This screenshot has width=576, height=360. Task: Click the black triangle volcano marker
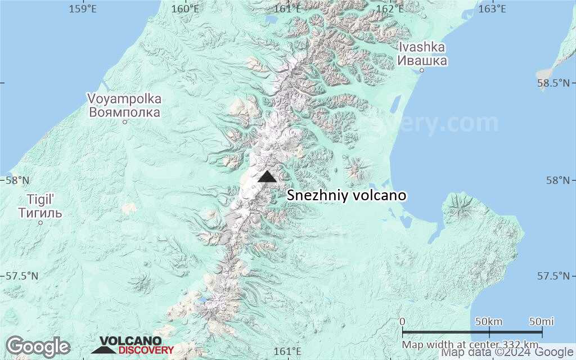tap(267, 177)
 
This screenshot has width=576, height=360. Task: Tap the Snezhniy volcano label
tap(346, 196)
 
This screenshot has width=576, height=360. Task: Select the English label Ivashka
tap(421, 47)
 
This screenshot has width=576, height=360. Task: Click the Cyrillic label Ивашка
tap(422, 61)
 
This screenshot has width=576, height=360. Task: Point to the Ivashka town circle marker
tap(422, 70)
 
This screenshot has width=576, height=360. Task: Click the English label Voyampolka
tap(124, 99)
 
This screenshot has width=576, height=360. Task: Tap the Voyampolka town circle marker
tap(125, 121)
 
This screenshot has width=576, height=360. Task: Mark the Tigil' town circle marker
tap(40, 223)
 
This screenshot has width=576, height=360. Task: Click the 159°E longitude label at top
tap(82, 8)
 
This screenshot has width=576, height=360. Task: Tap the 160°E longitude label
tap(185, 8)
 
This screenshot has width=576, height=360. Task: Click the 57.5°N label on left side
tap(20, 276)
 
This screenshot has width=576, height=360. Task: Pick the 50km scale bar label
tap(489, 321)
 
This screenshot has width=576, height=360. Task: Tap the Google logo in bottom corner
tap(38, 346)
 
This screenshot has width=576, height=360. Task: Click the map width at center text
tap(470, 344)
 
